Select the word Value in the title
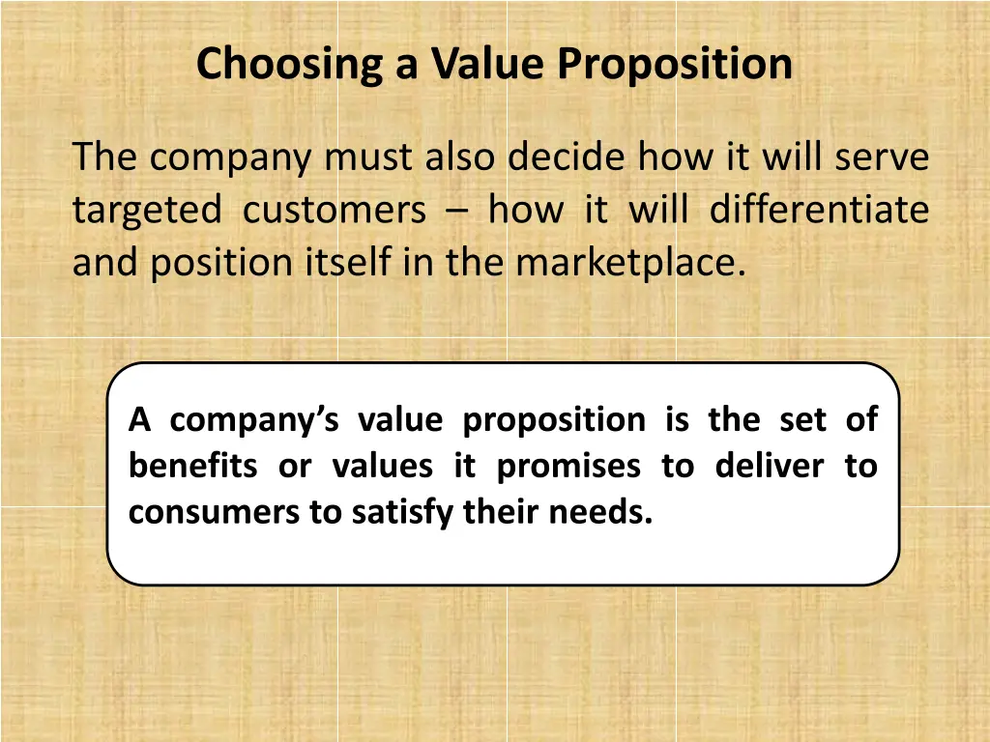(x=489, y=65)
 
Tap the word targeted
(x=146, y=210)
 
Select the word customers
(x=335, y=210)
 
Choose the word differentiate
(x=819, y=210)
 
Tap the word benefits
(x=192, y=467)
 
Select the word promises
(x=568, y=467)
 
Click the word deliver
(x=769, y=467)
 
